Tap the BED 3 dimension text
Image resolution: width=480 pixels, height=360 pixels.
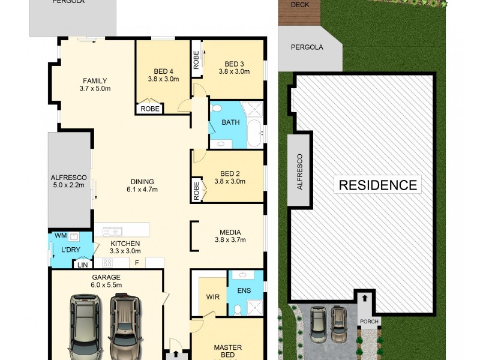pyautogui.click(x=234, y=72)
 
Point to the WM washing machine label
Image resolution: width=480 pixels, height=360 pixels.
pyautogui.click(x=60, y=235)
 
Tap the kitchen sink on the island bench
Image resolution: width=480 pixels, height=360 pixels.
pyautogui.click(x=112, y=231)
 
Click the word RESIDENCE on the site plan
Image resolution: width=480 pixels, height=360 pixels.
pyautogui.click(x=378, y=184)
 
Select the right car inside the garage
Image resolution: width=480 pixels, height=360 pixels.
pyautogui.click(x=122, y=325)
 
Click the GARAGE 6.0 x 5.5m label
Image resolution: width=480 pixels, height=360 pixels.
pyautogui.click(x=106, y=281)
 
